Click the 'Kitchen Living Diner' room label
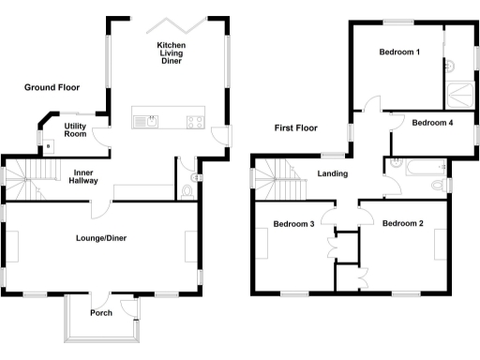170,53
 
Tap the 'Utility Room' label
76,130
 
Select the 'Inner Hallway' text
83,177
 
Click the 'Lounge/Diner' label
101,238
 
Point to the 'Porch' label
102,313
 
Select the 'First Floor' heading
295,127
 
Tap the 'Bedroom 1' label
398,52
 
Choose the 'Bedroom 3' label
294,224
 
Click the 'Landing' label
333,173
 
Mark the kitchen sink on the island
142,120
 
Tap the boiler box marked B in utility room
49,146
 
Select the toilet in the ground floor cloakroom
189,190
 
